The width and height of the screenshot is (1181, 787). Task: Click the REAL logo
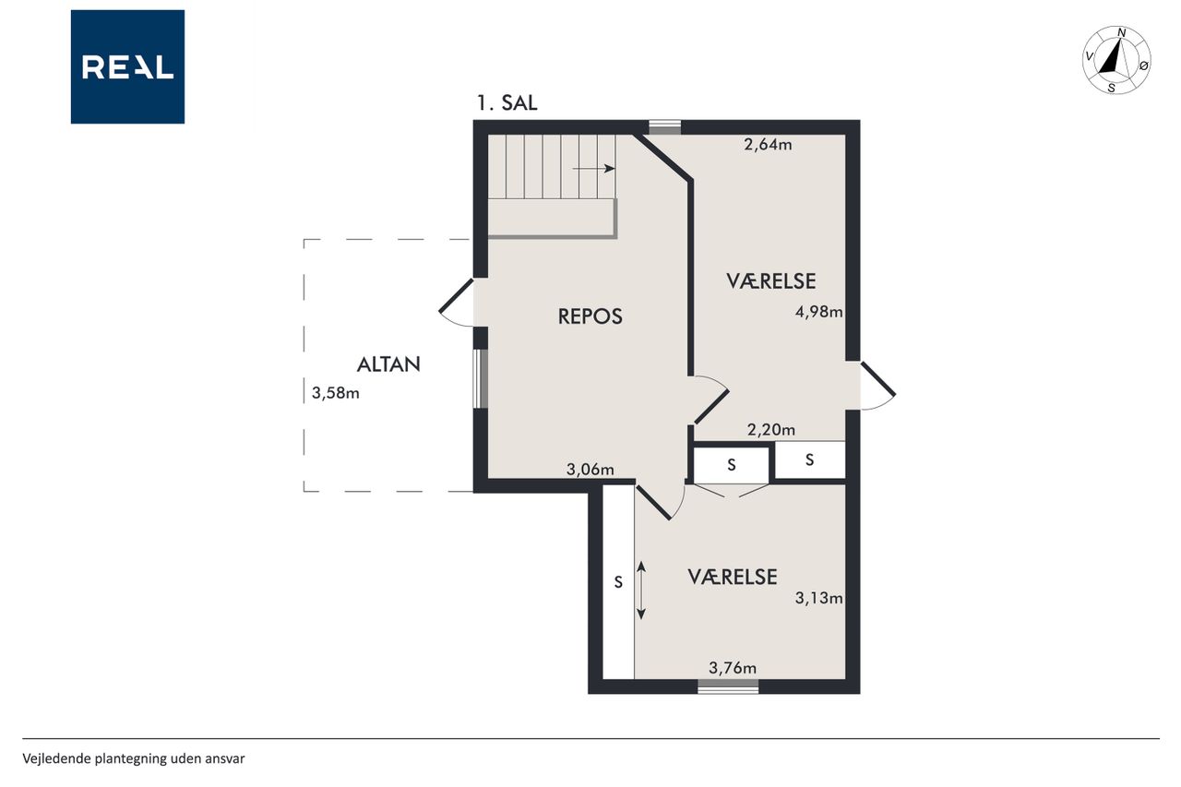click(x=127, y=67)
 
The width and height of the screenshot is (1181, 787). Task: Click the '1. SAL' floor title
click(x=507, y=102)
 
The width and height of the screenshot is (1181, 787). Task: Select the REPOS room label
click(x=590, y=316)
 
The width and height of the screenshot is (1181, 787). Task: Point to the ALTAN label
click(x=388, y=364)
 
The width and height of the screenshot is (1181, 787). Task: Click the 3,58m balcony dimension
click(x=335, y=393)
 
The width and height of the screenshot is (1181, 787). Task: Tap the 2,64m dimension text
click(x=768, y=145)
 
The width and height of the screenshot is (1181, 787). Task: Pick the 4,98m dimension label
click(x=818, y=313)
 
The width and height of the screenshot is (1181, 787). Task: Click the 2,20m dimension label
click(x=770, y=430)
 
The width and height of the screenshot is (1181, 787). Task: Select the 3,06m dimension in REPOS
click(x=590, y=470)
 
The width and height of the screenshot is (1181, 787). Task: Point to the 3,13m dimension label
click(x=818, y=598)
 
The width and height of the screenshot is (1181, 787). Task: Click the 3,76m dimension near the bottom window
click(x=733, y=668)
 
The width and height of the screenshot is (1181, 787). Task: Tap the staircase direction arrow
click(x=593, y=169)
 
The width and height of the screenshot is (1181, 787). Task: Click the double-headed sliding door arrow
click(x=641, y=590)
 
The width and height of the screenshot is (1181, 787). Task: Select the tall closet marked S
click(x=618, y=582)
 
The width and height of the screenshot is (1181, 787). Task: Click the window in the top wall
click(x=664, y=127)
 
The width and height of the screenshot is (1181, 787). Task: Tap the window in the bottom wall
click(x=728, y=686)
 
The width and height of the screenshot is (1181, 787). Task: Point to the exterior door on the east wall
click(x=877, y=386)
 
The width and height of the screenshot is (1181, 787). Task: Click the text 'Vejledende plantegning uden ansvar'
click(x=134, y=759)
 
